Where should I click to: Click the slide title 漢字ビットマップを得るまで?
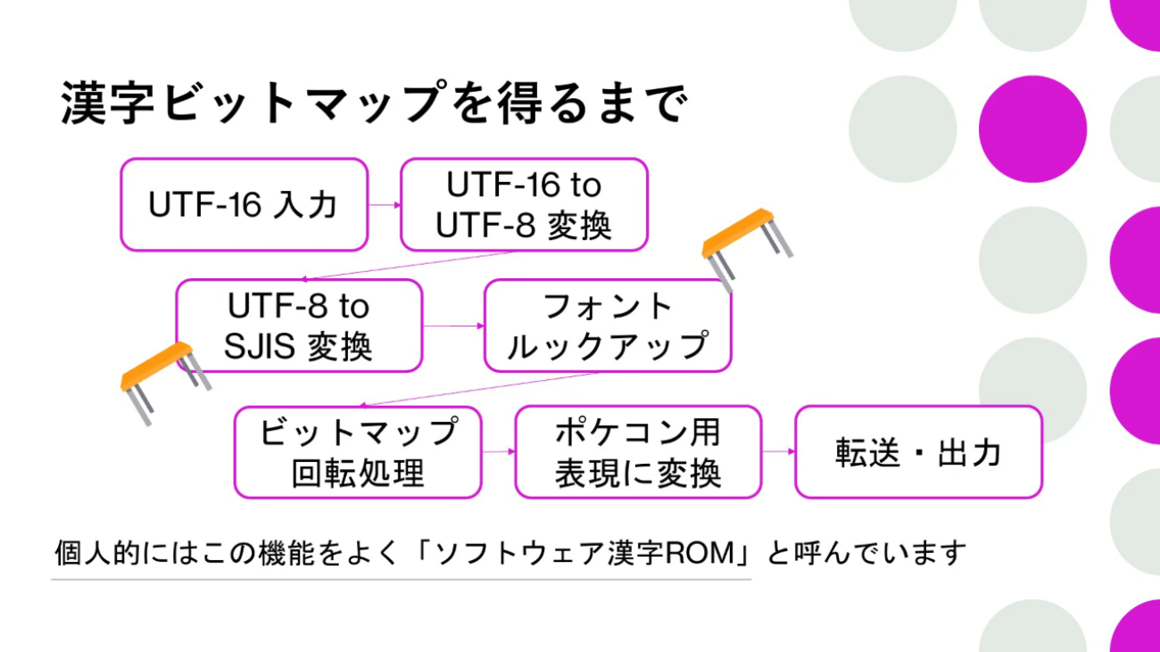pyautogui.click(x=374, y=102)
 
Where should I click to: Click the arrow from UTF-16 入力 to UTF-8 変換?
pyautogui.click(x=385, y=205)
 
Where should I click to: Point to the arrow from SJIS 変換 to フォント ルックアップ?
pyautogui.click(x=453, y=326)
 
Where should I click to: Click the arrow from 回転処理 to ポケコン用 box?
pyautogui.click(x=499, y=451)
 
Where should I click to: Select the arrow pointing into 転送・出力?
pyautogui.click(x=778, y=451)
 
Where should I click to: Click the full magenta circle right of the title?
pyautogui.click(x=1032, y=129)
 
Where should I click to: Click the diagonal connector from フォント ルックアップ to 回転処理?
pyautogui.click(x=479, y=389)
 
